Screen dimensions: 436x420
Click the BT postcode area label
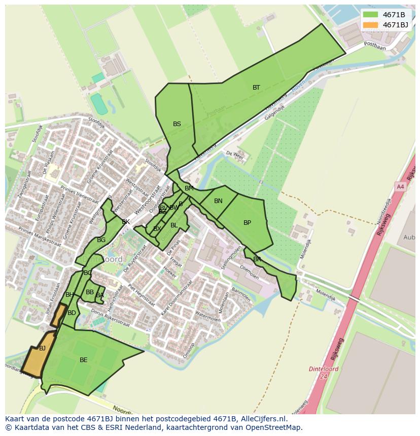(x=256, y=88)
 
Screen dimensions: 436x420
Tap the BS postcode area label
(x=177, y=124)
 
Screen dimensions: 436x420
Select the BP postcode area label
(x=247, y=223)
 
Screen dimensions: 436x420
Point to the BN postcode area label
(x=218, y=201)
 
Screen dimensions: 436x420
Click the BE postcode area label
(x=83, y=360)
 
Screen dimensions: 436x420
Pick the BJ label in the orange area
(x=42, y=348)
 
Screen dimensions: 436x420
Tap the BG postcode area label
(x=101, y=240)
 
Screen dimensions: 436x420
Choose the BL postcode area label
(x=174, y=225)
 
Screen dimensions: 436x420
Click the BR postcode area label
(x=257, y=259)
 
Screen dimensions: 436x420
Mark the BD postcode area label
(x=72, y=313)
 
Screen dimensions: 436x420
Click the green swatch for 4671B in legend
(x=370, y=15)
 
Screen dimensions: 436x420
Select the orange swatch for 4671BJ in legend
(x=370, y=25)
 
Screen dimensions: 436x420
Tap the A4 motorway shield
(x=400, y=187)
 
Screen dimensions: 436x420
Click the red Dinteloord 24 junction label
(x=323, y=372)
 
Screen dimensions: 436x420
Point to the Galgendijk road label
(x=274, y=112)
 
